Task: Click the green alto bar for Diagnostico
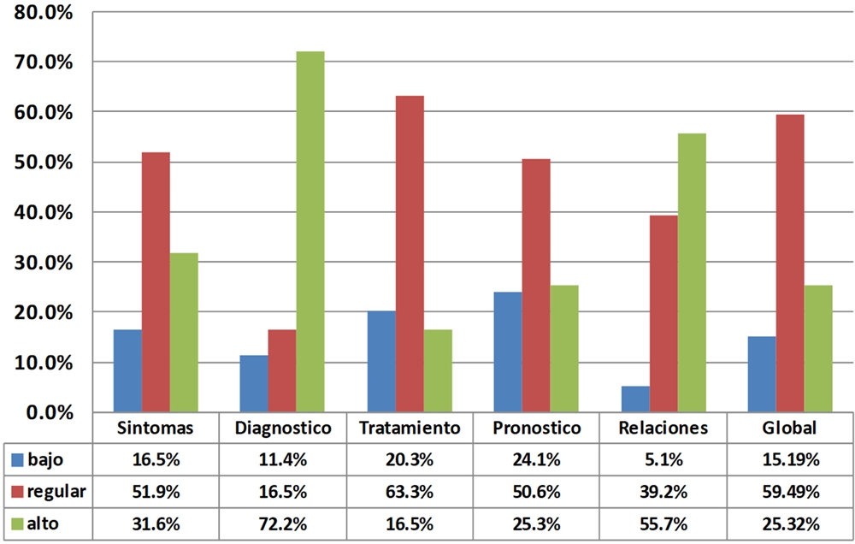click(x=310, y=231)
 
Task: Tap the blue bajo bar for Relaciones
click(x=635, y=399)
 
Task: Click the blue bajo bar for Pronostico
click(x=508, y=352)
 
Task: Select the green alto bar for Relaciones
click(x=692, y=272)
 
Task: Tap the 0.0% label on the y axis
click(x=50, y=412)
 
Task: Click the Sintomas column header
click(x=155, y=428)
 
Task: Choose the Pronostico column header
click(x=538, y=428)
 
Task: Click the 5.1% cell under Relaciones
click(x=664, y=460)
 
